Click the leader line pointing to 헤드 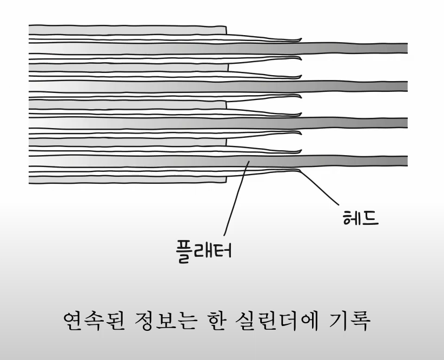point(319,189)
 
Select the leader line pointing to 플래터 point(235,200)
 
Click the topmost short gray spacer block point(127,29)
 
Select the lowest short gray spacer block point(127,142)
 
